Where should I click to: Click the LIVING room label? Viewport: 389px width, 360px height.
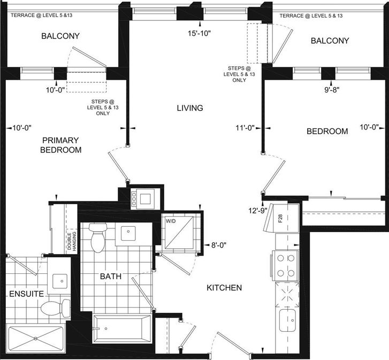click(x=190, y=108)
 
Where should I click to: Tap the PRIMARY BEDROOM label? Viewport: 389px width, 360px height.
click(x=61, y=145)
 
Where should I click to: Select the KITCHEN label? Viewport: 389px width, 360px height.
click(x=224, y=288)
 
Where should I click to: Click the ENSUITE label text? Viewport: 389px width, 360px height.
click(x=27, y=294)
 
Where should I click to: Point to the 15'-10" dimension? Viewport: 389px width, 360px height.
click(x=199, y=33)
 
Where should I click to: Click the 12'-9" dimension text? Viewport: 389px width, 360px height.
click(x=258, y=211)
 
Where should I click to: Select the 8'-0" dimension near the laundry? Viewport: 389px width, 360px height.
click(x=219, y=245)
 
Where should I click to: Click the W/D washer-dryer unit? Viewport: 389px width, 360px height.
click(x=179, y=232)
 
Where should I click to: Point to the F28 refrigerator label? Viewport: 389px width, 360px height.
click(x=280, y=218)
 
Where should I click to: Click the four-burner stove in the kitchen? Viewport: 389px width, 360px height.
click(x=286, y=265)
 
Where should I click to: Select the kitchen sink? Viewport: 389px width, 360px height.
click(x=287, y=320)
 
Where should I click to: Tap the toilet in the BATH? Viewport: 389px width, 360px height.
click(x=98, y=238)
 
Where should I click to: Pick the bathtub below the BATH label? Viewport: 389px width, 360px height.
click(x=121, y=329)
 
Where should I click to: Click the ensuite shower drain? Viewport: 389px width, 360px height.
click(x=36, y=338)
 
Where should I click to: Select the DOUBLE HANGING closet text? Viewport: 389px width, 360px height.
click(x=72, y=241)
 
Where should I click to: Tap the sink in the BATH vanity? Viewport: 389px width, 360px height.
click(x=128, y=233)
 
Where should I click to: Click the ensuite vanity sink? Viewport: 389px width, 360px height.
click(x=59, y=281)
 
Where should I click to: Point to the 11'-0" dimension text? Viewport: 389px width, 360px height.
click(x=245, y=128)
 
